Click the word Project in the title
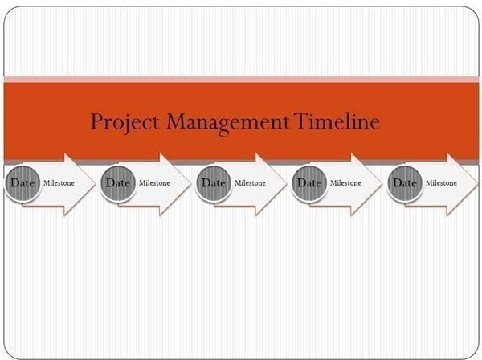125,123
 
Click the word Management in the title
228,123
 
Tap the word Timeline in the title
337,121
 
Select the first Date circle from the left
22,183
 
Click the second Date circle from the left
118,183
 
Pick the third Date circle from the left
214,183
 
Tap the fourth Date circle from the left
309,183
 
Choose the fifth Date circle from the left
405,183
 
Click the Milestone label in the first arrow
59,183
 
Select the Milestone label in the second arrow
154,183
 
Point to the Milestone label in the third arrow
250,183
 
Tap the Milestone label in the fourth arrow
345,183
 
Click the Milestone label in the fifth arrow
441,183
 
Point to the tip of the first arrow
96,184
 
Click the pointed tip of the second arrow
191,184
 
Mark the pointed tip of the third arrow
287,184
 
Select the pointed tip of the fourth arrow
382,184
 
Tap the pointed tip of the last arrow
478,184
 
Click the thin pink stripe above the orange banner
241,80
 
